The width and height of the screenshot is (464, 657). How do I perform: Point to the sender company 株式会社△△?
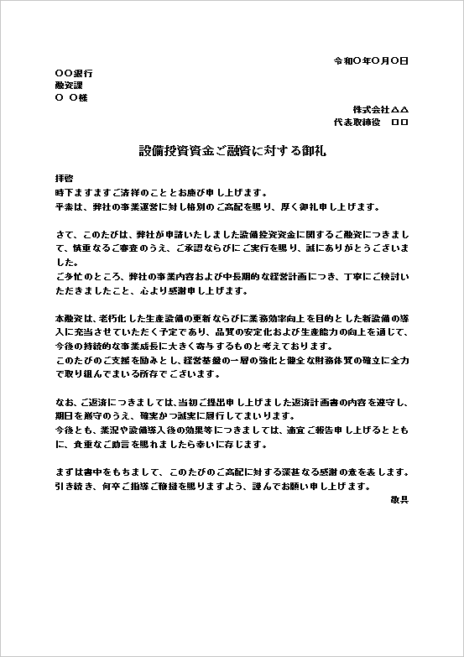[380, 110]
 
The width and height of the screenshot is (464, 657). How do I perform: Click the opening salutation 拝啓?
[64, 180]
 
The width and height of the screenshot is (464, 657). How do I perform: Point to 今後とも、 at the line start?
[73, 429]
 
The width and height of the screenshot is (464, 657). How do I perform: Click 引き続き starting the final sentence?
[73, 487]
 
